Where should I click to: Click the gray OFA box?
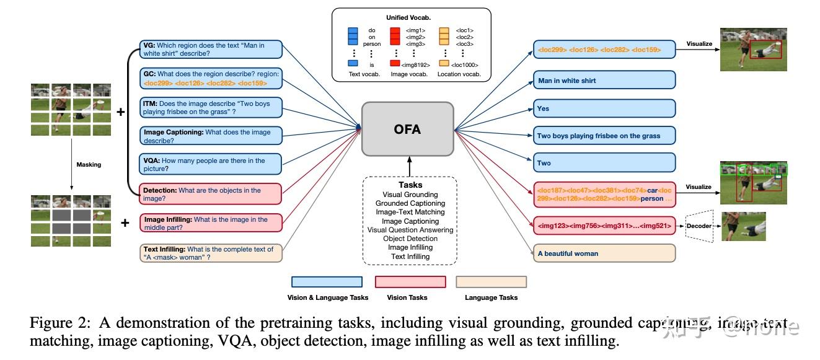point(407,129)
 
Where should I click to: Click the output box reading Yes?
point(604,108)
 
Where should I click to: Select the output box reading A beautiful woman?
point(604,253)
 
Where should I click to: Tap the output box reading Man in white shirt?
point(604,81)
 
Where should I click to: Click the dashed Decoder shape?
point(699,226)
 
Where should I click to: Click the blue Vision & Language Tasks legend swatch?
point(327,283)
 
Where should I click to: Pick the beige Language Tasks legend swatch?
point(491,283)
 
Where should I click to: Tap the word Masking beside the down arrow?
point(89,165)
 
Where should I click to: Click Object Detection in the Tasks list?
point(410,239)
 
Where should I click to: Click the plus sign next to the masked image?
point(125,223)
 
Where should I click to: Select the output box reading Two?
point(604,163)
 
